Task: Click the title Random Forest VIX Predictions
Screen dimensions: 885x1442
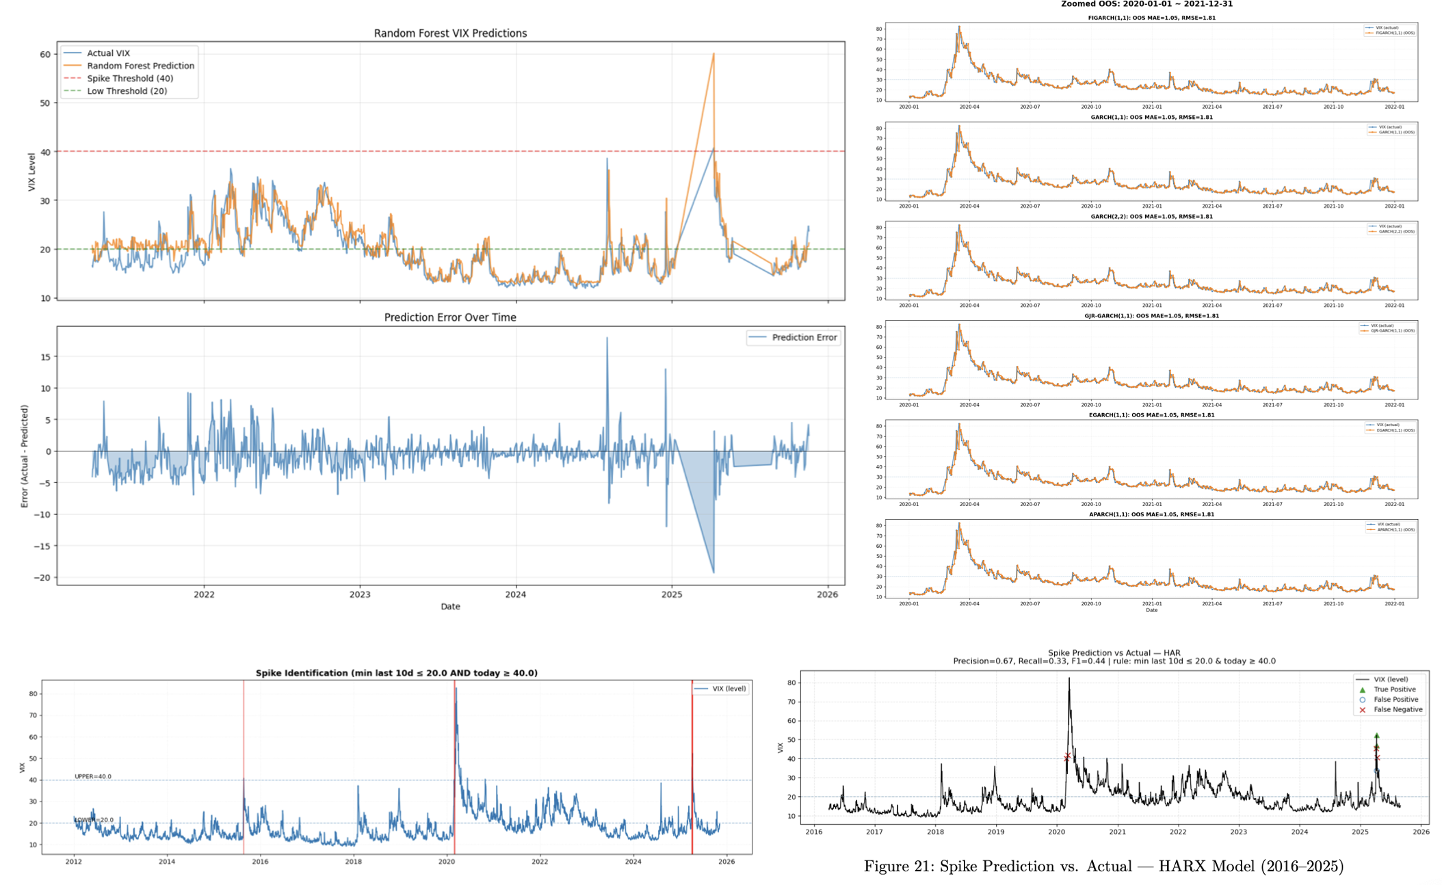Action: pyautogui.click(x=450, y=33)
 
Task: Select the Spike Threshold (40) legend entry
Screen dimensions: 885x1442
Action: pyautogui.click(x=130, y=79)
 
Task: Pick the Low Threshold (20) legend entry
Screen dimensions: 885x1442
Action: pyautogui.click(x=127, y=91)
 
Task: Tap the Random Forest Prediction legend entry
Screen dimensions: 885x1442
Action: pyautogui.click(x=140, y=66)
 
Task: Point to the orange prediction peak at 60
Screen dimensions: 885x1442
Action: pyautogui.click(x=713, y=54)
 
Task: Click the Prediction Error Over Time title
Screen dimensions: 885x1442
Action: pyautogui.click(x=450, y=317)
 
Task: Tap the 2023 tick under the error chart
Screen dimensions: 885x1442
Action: pyautogui.click(x=360, y=594)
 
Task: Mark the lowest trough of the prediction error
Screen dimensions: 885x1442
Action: pyautogui.click(x=713, y=572)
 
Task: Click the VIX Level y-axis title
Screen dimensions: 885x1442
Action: pyautogui.click(x=31, y=172)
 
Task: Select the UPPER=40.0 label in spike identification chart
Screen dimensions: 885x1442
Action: pyautogui.click(x=93, y=776)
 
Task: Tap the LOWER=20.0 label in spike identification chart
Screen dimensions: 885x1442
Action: pyautogui.click(x=94, y=820)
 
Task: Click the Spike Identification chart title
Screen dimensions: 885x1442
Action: pyautogui.click(x=396, y=673)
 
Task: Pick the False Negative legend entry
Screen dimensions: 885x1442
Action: pyautogui.click(x=1398, y=710)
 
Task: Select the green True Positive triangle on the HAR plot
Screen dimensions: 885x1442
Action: pyautogui.click(x=1376, y=736)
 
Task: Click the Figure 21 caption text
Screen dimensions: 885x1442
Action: pyautogui.click(x=1103, y=867)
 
